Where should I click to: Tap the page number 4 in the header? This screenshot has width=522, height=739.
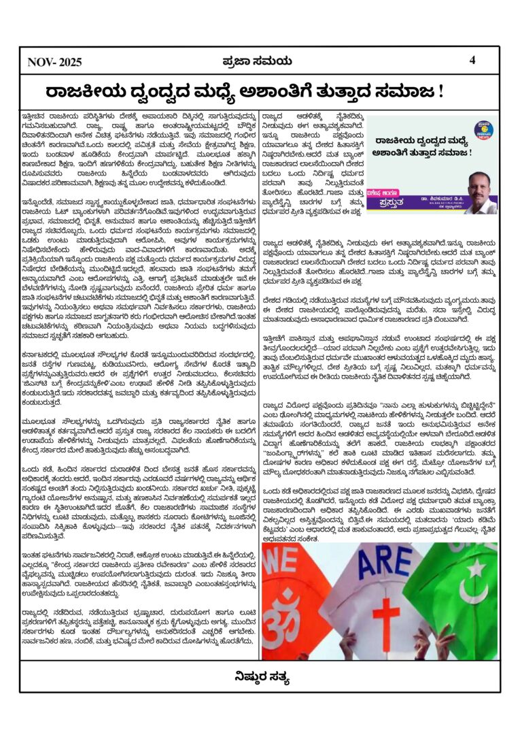point(472,60)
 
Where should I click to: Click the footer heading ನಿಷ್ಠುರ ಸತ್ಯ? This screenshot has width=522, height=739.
point(262,676)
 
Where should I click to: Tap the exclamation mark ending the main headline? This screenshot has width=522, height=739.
point(441,91)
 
